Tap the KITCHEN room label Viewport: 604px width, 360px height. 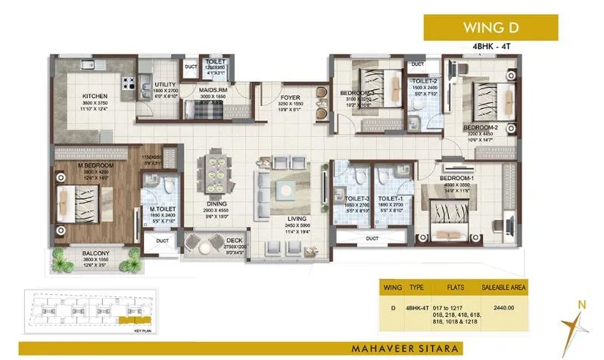pos(97,96)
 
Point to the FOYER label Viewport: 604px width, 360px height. pos(291,96)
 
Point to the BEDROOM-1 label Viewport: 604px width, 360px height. pos(456,178)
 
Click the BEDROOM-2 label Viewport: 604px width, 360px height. pos(479,127)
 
